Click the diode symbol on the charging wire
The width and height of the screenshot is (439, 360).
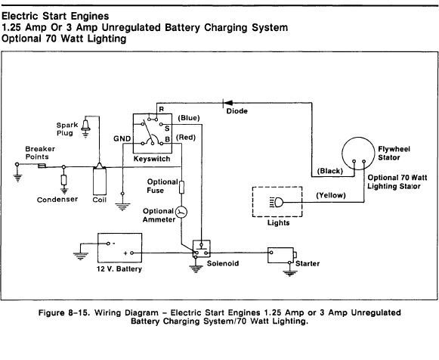(227, 103)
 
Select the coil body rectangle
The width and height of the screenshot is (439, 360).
(100, 182)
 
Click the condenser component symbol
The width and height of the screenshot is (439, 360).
(63, 180)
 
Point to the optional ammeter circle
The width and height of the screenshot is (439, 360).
(181, 212)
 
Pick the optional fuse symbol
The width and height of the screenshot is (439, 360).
(181, 187)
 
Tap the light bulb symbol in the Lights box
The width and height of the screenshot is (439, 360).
(277, 202)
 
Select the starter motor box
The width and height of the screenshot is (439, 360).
(281, 255)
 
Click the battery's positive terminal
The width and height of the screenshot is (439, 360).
(132, 253)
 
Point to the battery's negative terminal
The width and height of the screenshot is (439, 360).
(108, 244)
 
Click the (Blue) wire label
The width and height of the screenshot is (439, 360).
(189, 118)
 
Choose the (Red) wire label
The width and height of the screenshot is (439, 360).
(186, 138)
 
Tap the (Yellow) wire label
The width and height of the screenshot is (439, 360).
(331, 195)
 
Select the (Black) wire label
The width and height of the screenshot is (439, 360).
(329, 171)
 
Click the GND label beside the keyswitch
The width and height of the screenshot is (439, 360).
(122, 138)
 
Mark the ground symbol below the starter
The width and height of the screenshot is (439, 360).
(289, 273)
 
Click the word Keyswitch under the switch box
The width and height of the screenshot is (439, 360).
(152, 159)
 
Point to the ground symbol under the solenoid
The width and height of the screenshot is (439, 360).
(196, 269)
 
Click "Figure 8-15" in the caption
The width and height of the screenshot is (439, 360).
(64, 312)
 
